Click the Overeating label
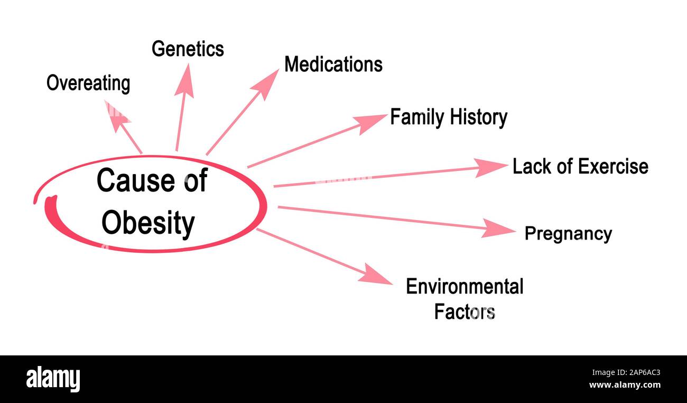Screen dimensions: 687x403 click(x=88, y=84)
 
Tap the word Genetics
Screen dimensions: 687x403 click(x=188, y=49)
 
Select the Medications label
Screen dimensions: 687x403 click(x=333, y=65)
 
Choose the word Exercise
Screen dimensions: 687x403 click(x=614, y=167)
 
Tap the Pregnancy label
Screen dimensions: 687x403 click(x=568, y=234)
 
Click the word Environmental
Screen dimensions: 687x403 click(x=465, y=286)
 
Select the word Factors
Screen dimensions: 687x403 click(x=465, y=312)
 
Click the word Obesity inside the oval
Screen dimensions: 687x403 click(x=148, y=223)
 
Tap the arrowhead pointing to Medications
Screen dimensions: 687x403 click(x=266, y=84)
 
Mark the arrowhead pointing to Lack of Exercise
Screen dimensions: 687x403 click(x=491, y=168)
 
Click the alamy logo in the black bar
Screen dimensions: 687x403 click(x=53, y=379)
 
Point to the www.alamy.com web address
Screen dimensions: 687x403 click(x=625, y=385)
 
